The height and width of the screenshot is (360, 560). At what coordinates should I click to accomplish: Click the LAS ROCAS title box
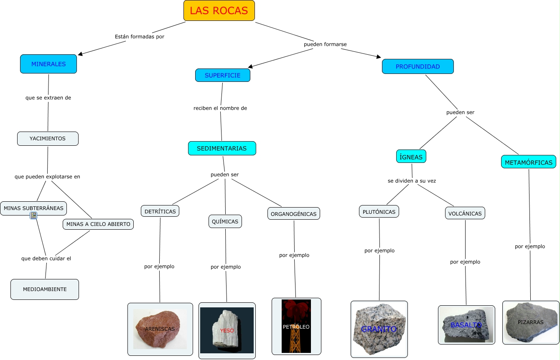(x=219, y=11)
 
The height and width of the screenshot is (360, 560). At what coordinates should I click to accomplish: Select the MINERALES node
(x=48, y=64)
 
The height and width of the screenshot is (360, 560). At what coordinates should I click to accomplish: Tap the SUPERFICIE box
(x=222, y=75)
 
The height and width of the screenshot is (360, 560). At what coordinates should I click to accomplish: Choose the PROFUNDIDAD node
(x=417, y=66)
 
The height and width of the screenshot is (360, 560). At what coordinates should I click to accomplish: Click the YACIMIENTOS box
(x=48, y=139)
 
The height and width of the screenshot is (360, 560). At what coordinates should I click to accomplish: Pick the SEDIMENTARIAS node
(x=221, y=148)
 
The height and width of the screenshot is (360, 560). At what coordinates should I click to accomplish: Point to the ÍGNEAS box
(x=411, y=157)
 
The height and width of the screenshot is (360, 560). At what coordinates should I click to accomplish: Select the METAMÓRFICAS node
(x=528, y=162)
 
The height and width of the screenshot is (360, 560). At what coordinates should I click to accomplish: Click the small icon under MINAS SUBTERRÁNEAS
(x=33, y=215)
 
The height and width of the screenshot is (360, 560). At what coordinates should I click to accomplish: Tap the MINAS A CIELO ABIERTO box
(x=98, y=224)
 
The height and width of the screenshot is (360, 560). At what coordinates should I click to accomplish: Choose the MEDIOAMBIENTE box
(x=45, y=289)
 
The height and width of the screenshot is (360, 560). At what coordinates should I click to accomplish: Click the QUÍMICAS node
(x=225, y=221)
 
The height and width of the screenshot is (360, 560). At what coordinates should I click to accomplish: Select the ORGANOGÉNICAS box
(x=293, y=214)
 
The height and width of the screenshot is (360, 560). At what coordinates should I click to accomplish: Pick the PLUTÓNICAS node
(x=379, y=212)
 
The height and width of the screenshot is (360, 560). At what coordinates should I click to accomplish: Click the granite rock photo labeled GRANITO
(x=379, y=329)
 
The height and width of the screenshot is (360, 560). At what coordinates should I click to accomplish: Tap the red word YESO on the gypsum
(x=227, y=331)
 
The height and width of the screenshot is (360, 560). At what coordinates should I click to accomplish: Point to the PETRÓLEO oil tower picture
(x=296, y=326)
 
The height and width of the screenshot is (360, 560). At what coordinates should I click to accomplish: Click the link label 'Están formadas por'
(x=139, y=37)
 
